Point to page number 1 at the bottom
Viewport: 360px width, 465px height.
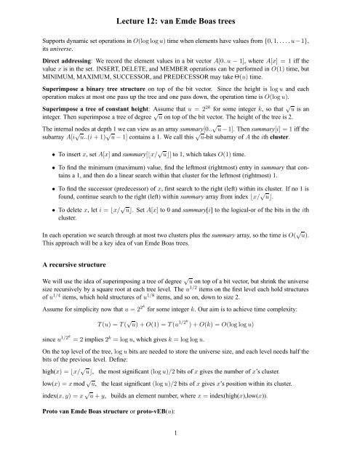pyautogui.click(x=180, y=455)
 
